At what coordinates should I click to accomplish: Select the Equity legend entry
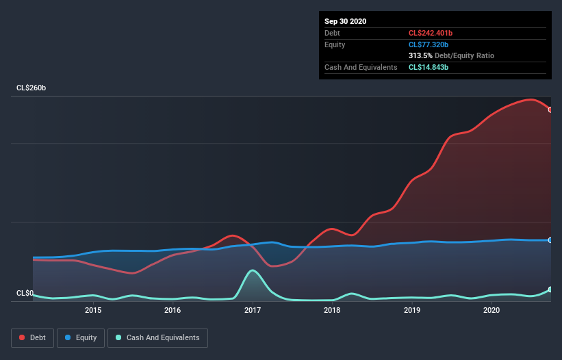(x=81, y=337)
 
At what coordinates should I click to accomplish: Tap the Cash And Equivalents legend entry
(x=157, y=337)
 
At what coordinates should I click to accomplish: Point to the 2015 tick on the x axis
(x=93, y=310)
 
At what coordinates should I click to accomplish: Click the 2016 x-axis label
(x=173, y=310)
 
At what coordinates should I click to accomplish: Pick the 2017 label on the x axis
(x=253, y=310)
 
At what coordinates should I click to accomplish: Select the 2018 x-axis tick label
(x=332, y=310)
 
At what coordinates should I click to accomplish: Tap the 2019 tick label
(x=412, y=310)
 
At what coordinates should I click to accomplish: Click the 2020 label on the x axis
(x=491, y=310)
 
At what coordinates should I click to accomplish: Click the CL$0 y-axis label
(x=25, y=293)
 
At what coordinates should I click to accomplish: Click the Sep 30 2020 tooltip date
(x=345, y=21)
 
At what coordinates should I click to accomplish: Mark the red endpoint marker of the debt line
(x=550, y=110)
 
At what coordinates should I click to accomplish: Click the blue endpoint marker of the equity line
(x=550, y=240)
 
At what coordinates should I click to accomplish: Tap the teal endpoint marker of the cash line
(x=550, y=290)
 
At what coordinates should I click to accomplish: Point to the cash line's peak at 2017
(x=253, y=270)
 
